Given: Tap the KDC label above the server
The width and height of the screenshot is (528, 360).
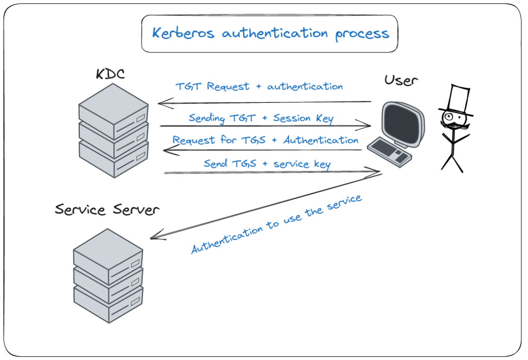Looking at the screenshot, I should point(111,74).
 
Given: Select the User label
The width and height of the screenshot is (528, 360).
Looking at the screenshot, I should point(401,80).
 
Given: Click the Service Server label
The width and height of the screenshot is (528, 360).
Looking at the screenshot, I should point(107,209).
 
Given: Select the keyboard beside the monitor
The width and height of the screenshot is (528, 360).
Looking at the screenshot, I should point(389,151).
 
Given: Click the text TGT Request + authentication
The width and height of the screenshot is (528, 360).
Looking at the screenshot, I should point(259,87).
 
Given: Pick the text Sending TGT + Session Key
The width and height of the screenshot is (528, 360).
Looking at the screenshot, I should point(261,118).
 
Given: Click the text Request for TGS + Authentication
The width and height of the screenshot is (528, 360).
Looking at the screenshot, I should point(265,140).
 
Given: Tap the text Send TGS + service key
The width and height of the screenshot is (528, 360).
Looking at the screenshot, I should point(267,164).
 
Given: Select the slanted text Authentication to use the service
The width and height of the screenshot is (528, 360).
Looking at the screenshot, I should point(277,224).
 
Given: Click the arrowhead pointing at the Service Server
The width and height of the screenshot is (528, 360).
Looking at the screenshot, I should point(154,237).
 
